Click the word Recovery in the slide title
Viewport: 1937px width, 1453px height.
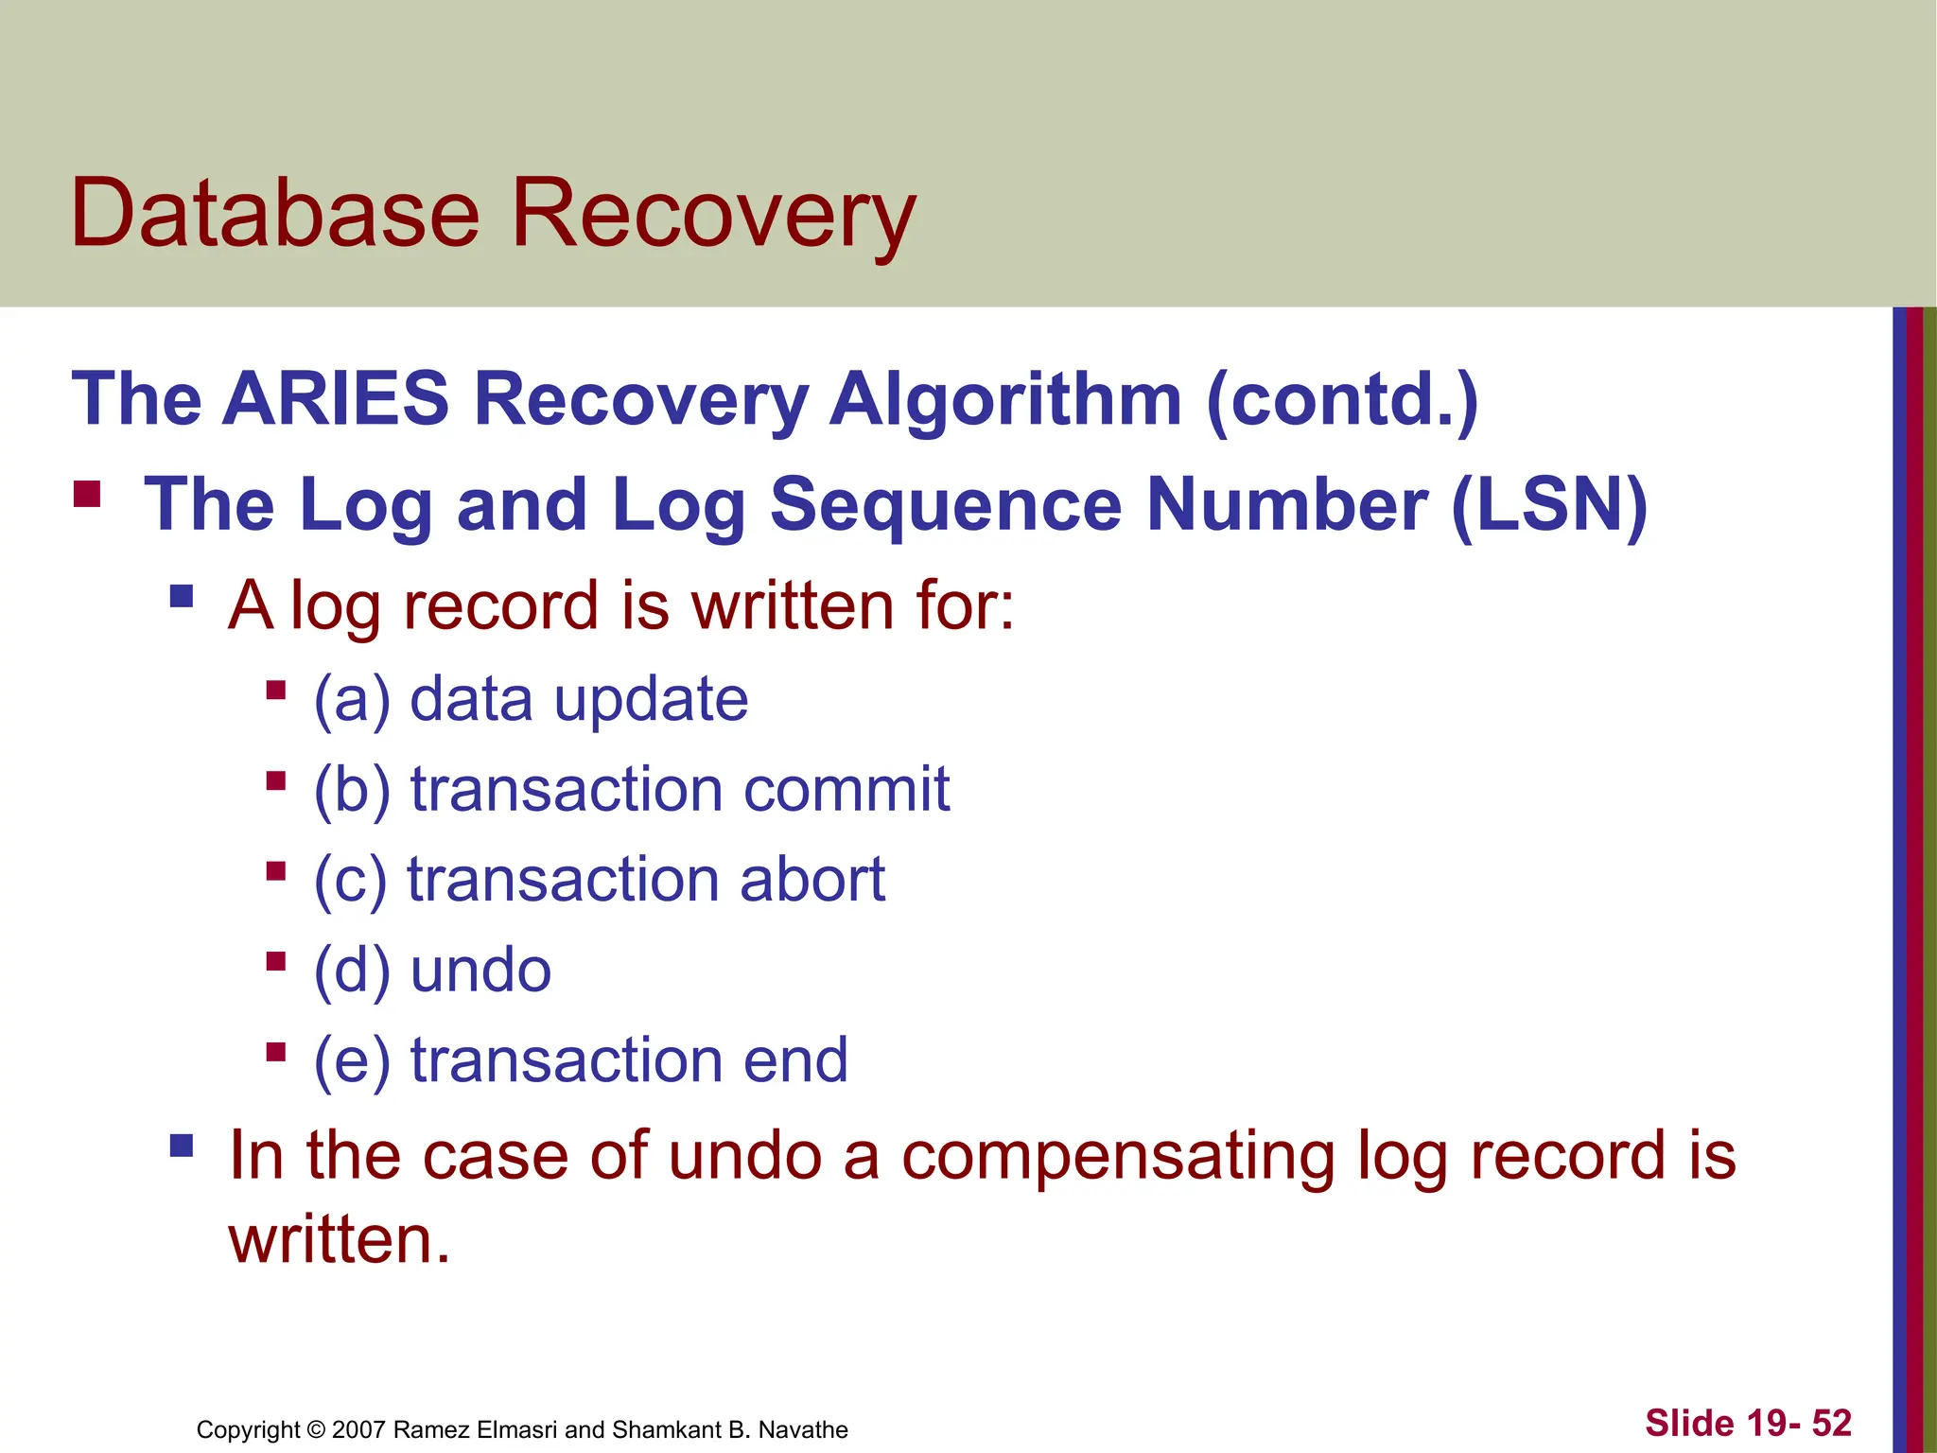point(713,216)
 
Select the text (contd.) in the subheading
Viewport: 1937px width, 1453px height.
point(1342,400)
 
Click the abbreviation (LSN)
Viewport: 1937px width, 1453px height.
point(1548,505)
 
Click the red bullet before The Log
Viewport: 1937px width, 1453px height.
point(87,495)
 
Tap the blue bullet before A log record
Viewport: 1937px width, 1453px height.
point(182,597)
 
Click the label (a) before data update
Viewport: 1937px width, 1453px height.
point(352,700)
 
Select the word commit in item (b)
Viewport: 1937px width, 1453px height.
point(846,789)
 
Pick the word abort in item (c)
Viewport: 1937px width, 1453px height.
point(812,880)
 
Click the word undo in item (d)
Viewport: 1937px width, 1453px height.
point(480,971)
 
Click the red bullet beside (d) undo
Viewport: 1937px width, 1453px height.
point(276,962)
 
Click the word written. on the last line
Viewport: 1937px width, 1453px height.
point(340,1240)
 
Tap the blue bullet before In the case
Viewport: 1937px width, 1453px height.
point(182,1147)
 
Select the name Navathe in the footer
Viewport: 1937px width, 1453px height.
point(803,1429)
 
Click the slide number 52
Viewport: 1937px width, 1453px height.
point(1831,1424)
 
